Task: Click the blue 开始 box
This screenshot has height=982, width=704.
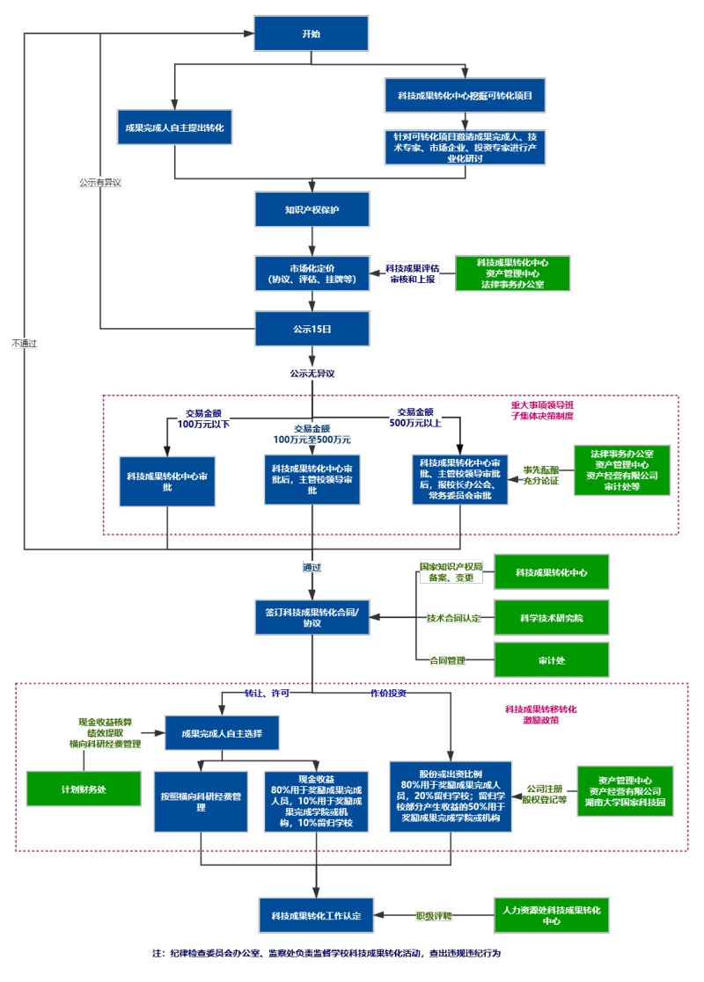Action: click(312, 33)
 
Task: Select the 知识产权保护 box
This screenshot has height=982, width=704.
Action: click(312, 210)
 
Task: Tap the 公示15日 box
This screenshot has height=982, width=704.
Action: click(312, 328)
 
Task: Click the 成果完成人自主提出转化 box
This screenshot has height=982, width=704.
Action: click(175, 127)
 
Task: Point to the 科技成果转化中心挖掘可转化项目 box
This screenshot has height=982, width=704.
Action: click(465, 94)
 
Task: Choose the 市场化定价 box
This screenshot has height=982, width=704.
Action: click(312, 273)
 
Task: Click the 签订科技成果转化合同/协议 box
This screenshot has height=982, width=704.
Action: click(312, 617)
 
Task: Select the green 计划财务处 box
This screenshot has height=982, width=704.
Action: click(84, 789)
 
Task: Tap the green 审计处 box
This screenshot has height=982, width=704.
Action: click(551, 659)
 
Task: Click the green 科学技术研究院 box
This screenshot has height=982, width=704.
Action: click(551, 617)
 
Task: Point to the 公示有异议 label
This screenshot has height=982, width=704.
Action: click(99, 183)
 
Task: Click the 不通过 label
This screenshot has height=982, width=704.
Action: click(25, 342)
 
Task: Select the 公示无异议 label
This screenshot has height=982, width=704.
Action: click(312, 373)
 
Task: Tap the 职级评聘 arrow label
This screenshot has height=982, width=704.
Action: click(433, 915)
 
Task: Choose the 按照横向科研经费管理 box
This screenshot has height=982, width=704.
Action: click(201, 801)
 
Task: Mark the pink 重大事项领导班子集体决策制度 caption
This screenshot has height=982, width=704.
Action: click(542, 411)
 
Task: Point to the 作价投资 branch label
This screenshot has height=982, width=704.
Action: click(387, 693)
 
